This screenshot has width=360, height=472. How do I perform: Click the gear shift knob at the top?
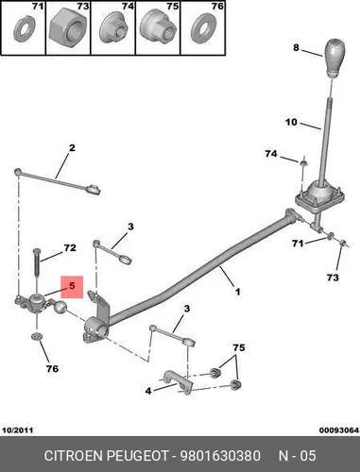[334, 58]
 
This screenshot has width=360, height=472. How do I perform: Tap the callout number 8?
[296, 48]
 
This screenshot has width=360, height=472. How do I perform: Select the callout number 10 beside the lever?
[291, 122]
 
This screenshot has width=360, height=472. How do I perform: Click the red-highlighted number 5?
[72, 286]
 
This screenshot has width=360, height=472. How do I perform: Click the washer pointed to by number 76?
[37, 336]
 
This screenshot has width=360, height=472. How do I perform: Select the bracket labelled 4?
[178, 381]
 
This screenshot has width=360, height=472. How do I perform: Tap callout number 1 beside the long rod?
[238, 292]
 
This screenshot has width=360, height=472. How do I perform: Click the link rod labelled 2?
[58, 181]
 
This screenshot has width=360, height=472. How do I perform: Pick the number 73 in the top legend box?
[83, 6]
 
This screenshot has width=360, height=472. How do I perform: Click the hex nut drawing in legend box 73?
[68, 29]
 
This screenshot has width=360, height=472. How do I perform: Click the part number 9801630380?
[220, 456]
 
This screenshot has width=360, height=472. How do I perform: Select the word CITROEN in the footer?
[74, 456]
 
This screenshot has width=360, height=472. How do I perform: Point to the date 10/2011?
[18, 430]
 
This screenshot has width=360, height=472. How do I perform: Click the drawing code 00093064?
[339, 430]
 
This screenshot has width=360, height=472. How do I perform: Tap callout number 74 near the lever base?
[271, 154]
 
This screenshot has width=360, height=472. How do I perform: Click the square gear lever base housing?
[319, 195]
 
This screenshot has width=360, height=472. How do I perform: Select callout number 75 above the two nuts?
[239, 347]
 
